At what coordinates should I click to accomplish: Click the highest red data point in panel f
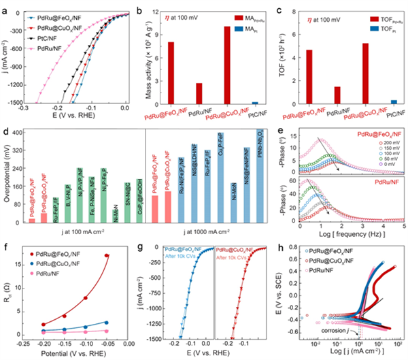pos(107,256)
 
